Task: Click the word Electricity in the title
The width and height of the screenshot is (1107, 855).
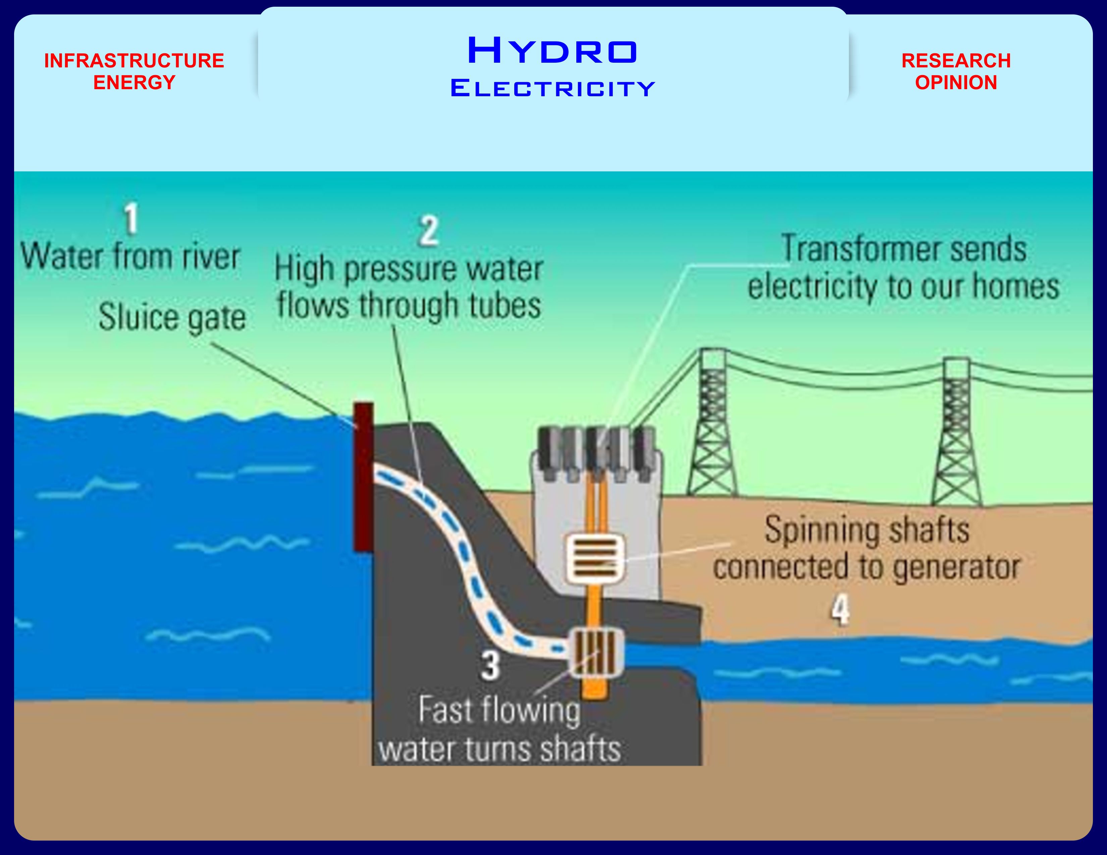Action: [x=552, y=89]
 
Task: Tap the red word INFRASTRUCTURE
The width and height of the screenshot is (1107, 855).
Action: [x=134, y=61]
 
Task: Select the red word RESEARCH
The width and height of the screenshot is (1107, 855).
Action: [x=956, y=61]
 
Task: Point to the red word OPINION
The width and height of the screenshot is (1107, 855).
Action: [x=956, y=82]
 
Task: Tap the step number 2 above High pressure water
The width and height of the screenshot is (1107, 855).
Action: [x=429, y=231]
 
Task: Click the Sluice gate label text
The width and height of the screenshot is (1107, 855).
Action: [x=172, y=318]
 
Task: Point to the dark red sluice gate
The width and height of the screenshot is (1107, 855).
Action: [x=363, y=476]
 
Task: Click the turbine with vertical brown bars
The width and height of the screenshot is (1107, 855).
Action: [x=596, y=652]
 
